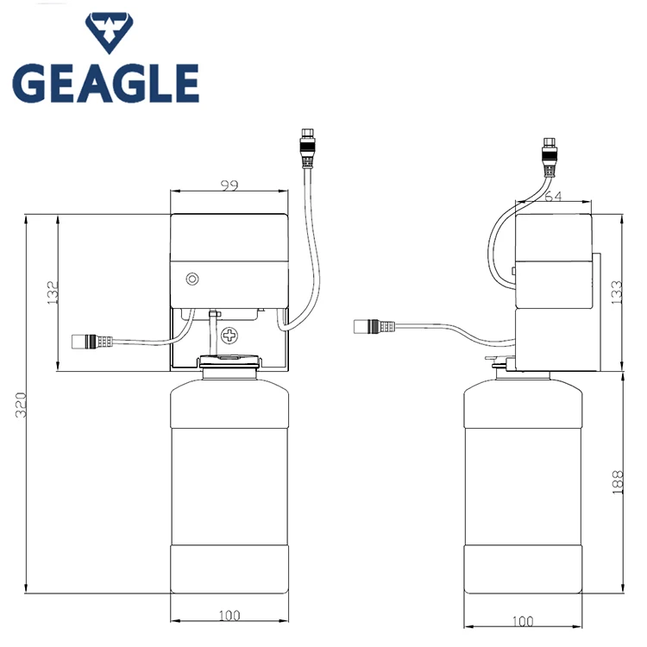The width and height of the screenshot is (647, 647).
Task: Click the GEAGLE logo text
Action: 105,83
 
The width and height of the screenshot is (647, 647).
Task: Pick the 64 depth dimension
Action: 552,198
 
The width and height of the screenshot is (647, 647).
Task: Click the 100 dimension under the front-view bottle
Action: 229,615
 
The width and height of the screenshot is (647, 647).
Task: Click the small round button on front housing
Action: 192,279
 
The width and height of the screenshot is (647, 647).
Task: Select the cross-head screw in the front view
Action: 229,335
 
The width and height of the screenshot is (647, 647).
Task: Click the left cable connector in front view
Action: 91,341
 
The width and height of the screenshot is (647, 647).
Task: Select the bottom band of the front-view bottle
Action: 229,569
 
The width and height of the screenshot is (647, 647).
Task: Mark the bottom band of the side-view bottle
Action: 522,569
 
